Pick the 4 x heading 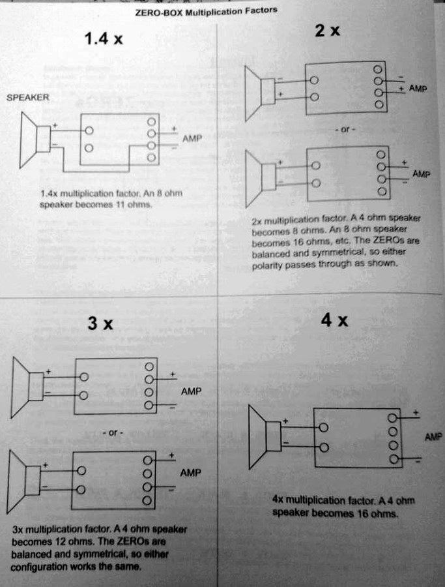[334, 320]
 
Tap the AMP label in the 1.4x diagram [193, 139]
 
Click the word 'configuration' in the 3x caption [40, 567]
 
